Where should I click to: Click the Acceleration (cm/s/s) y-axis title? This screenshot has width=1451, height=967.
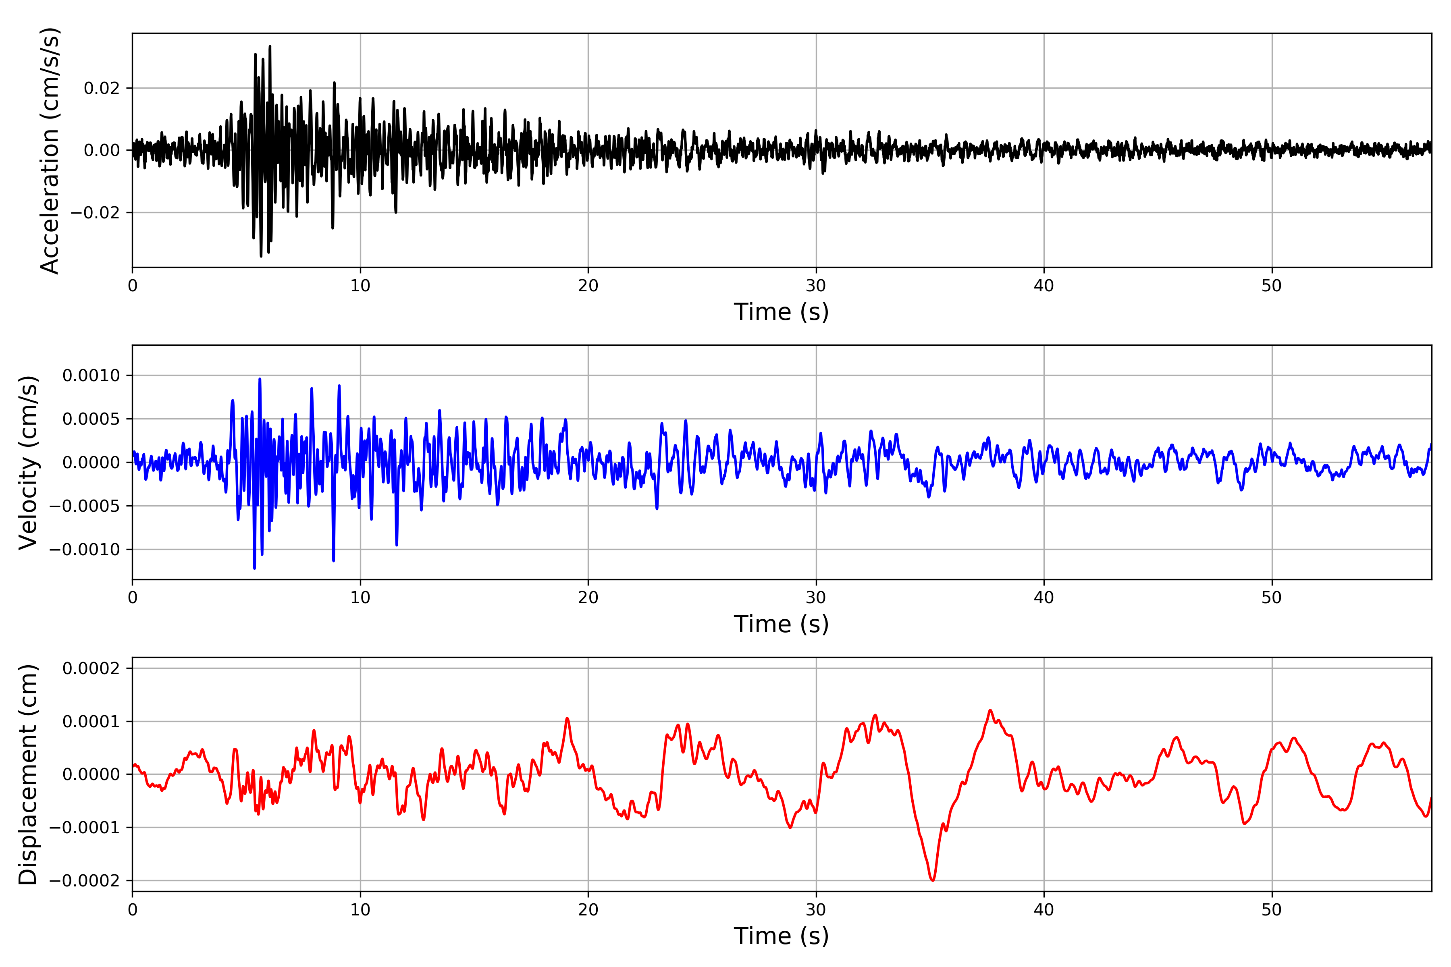pos(49,150)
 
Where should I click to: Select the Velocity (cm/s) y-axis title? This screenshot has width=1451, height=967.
pos(28,463)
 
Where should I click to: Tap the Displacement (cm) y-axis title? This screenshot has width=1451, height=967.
pos(28,774)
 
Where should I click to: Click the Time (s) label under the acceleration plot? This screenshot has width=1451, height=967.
pos(781,312)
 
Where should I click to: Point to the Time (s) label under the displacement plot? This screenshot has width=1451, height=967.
pos(781,936)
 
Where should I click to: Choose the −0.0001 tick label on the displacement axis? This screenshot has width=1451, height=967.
pos(85,828)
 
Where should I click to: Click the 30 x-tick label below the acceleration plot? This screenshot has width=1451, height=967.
pos(815,286)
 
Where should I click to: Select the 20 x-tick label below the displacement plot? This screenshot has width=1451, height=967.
pos(588,910)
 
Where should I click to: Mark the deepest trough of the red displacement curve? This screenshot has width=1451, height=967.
pos(932,880)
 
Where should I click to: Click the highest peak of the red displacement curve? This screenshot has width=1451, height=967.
pos(990,710)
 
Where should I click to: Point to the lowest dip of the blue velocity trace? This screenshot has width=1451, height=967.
pos(254,568)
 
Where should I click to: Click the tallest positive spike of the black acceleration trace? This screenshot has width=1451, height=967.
pos(270,46)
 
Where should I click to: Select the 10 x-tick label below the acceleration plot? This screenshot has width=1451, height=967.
pos(360,286)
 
